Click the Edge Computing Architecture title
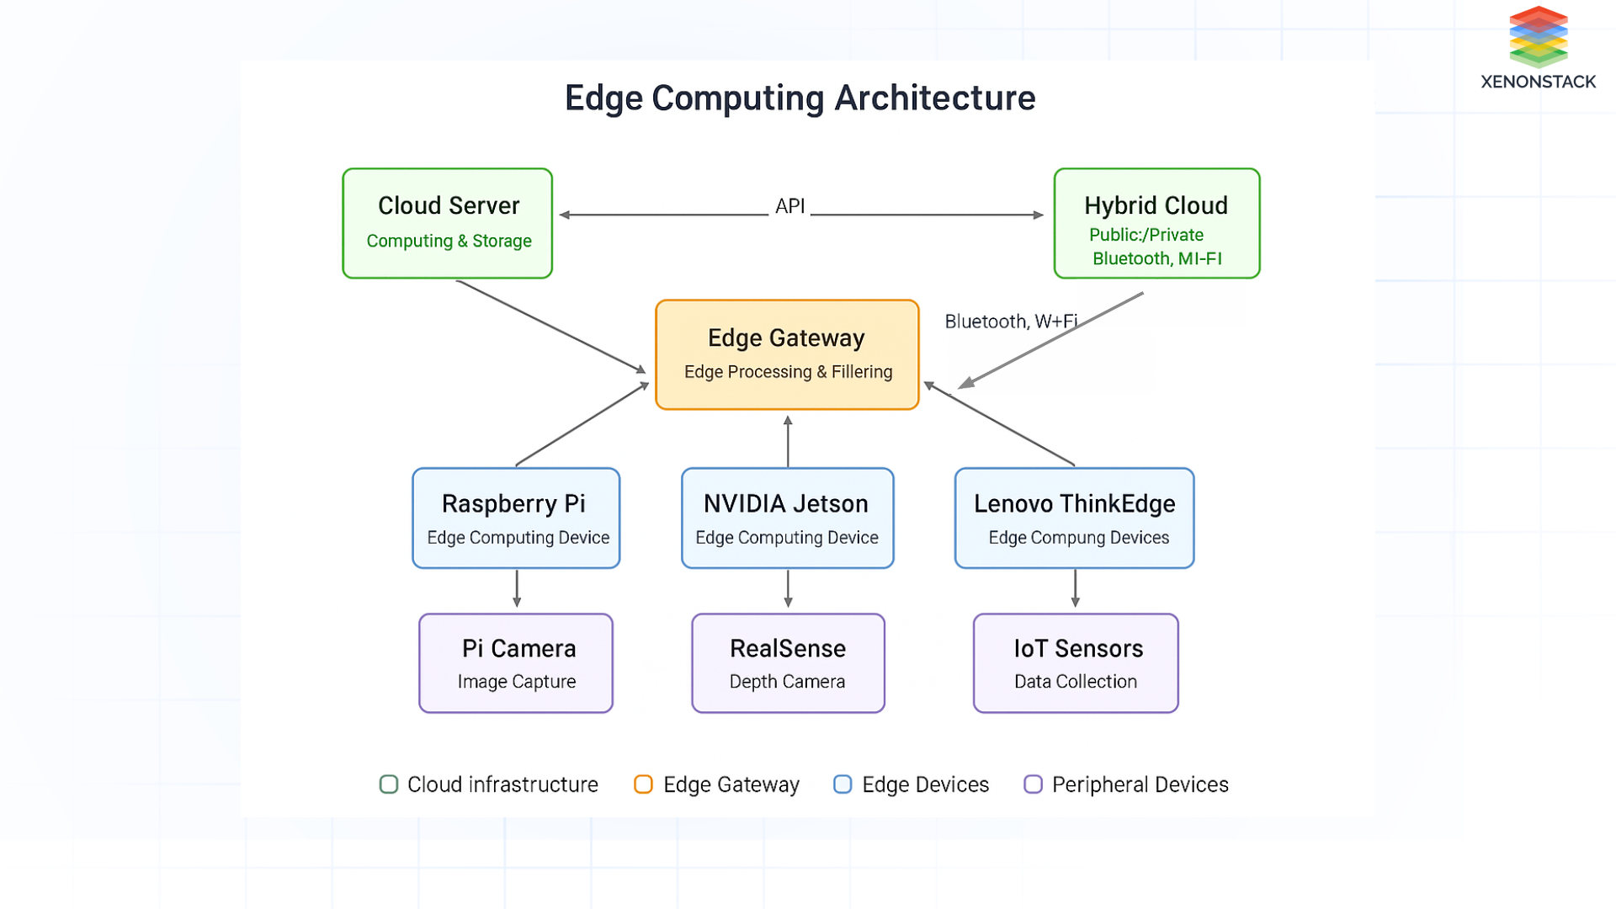click(x=800, y=98)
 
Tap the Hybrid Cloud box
click(x=1156, y=223)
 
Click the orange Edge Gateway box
click(x=787, y=354)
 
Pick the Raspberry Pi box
click(x=516, y=518)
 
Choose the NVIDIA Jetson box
click(x=787, y=518)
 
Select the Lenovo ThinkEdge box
click(x=1074, y=518)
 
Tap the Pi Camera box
click(x=516, y=663)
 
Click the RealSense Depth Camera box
click(x=788, y=663)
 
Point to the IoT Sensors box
click(x=1076, y=663)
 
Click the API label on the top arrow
click(x=789, y=206)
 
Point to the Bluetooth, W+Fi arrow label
click(x=1010, y=322)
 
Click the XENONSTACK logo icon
click(x=1538, y=37)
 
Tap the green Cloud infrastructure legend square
click(x=389, y=784)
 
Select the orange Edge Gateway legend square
click(x=643, y=784)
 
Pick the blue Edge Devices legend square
click(x=843, y=784)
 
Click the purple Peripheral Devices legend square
click(x=1033, y=784)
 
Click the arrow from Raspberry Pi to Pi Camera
click(x=517, y=588)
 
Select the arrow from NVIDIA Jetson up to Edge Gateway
click(x=788, y=441)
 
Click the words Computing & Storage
click(x=449, y=241)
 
